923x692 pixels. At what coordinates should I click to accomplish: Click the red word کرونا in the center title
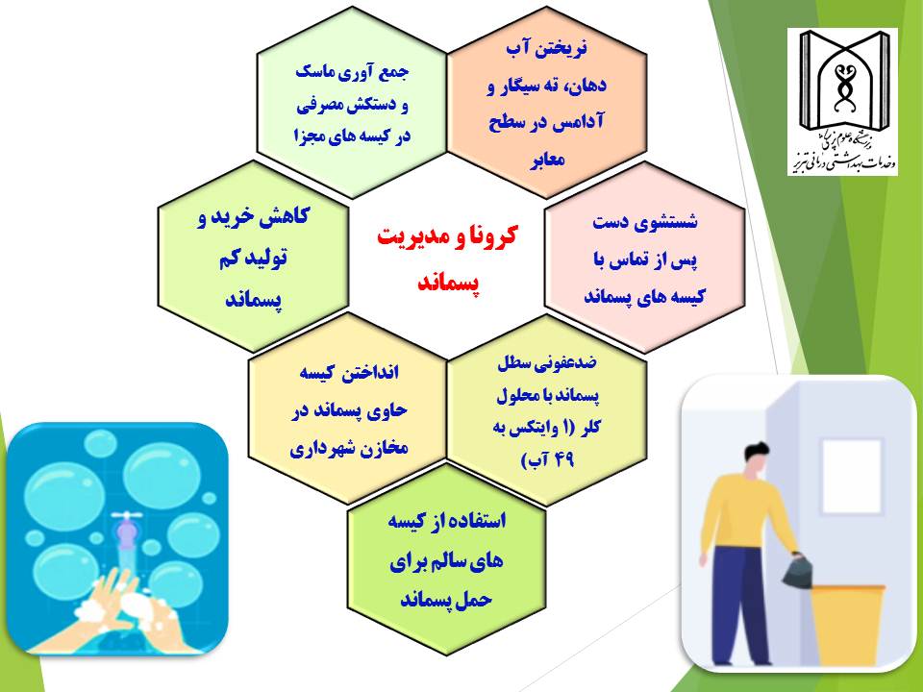pos(486,236)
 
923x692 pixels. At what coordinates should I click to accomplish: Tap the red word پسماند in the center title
pos(449,283)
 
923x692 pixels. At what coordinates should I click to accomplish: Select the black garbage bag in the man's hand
pos(798,570)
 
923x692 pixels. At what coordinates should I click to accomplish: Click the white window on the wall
pos(851,477)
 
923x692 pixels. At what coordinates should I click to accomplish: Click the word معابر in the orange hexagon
pos(547,160)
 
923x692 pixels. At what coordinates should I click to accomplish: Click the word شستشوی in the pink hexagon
pos(673,222)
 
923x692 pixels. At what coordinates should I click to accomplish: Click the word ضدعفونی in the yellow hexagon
pos(567,363)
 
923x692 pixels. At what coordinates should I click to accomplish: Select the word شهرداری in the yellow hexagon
pos(318,450)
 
